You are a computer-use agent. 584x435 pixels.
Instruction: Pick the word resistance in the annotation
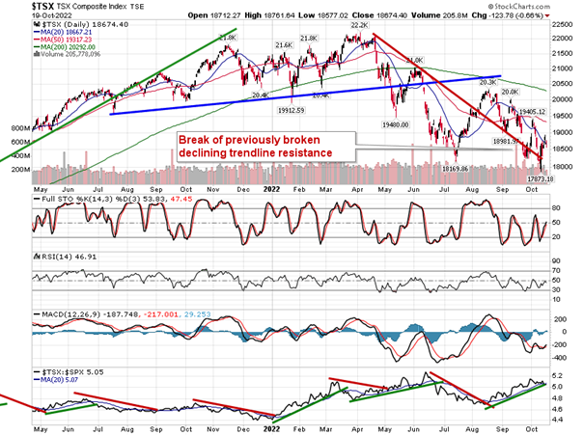click(x=300, y=152)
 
